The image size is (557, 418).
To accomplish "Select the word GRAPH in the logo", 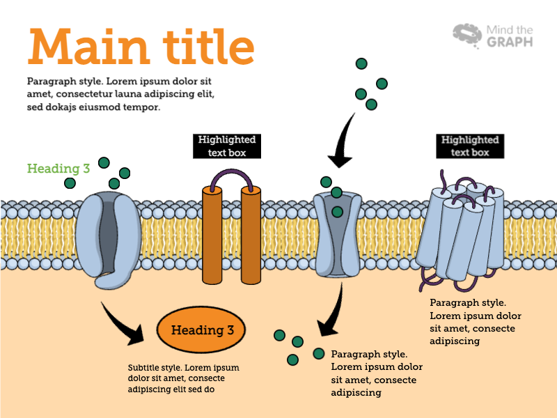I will pos(510,42).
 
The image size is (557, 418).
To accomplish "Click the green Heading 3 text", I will pos(58,168).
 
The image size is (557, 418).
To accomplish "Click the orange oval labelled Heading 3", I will pos(202,330).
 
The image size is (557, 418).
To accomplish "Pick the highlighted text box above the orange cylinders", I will pos(227,146).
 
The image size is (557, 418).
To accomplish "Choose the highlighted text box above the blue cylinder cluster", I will pos(470,146).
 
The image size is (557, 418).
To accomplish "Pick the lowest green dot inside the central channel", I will pos(338,211).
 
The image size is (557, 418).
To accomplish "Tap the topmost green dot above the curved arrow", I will pos(361,64).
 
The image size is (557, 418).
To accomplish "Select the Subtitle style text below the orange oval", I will pos(183,378).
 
